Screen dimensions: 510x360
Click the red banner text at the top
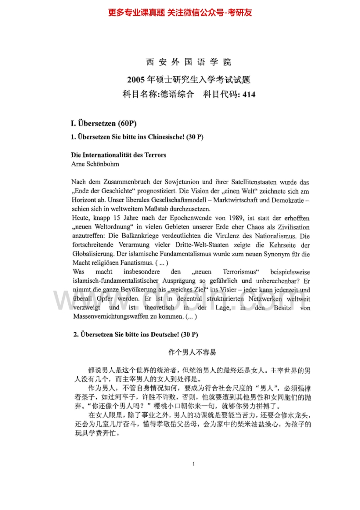point(180,13)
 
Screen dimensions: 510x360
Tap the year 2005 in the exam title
point(136,80)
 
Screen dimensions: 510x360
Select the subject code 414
point(250,95)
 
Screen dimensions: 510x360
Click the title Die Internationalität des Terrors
point(119,155)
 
